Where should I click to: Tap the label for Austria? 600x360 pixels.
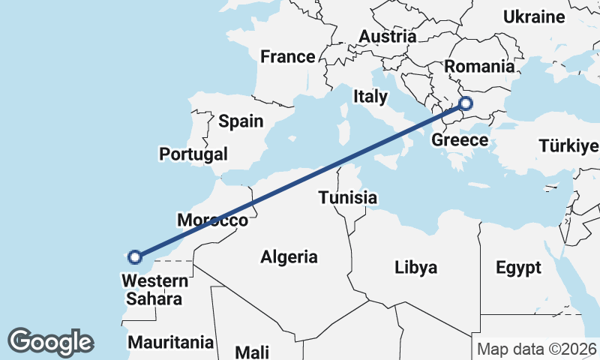coord(387,36)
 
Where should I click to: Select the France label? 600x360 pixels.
coord(288,56)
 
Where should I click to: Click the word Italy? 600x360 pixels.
coord(371,96)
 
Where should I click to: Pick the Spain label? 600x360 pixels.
coord(241,121)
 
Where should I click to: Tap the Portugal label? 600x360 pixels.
coord(193,154)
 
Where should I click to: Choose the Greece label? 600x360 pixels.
coord(460,140)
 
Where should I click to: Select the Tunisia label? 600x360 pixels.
coord(347,198)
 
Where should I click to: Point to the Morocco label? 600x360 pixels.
coord(212,220)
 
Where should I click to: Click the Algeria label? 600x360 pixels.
coord(289,257)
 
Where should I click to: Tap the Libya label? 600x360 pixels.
coord(416,268)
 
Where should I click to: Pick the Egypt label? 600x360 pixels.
coord(518,268)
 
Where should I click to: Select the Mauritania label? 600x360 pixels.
coord(171,343)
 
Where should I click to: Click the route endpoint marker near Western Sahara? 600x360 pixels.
coord(135,257)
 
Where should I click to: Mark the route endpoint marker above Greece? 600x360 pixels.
coord(466,103)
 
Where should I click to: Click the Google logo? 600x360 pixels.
coord(50,341)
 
